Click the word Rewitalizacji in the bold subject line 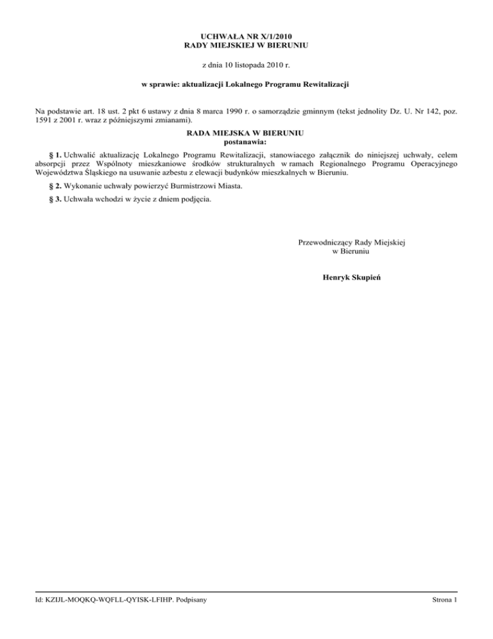(323, 84)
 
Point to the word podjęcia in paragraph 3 (195, 199)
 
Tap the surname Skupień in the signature (363, 279)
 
